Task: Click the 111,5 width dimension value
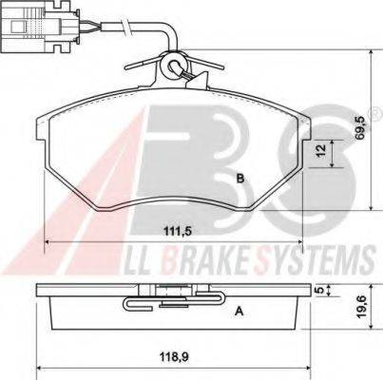tap(178, 232)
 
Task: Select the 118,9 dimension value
tap(173, 357)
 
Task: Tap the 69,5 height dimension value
tap(360, 127)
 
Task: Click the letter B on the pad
tap(240, 179)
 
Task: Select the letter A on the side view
tap(239, 312)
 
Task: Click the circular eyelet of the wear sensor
tap(173, 66)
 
